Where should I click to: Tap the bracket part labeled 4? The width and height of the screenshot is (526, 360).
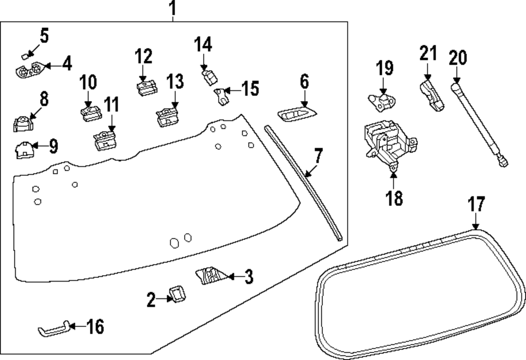[29, 69]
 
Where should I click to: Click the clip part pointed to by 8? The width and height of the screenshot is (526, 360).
[22, 124]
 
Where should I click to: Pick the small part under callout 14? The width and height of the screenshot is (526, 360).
[209, 77]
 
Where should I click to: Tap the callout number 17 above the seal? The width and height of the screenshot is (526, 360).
[476, 205]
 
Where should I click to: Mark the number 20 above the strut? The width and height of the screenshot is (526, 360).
[458, 57]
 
